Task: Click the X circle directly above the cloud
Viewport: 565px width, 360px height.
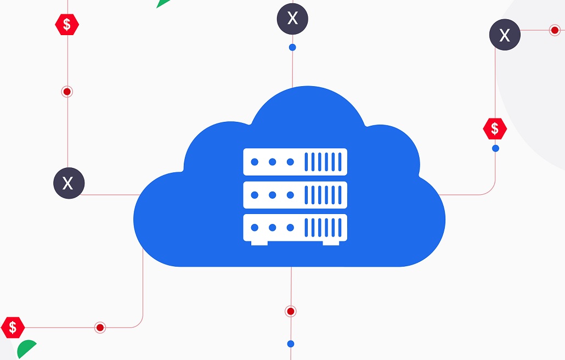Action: (x=292, y=19)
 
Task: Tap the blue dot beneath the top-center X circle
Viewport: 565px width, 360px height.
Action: (x=292, y=48)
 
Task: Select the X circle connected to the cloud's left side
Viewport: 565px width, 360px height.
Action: (x=69, y=183)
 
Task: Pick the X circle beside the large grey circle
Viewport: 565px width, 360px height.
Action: (x=505, y=35)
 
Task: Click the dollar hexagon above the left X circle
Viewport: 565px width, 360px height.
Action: (x=67, y=24)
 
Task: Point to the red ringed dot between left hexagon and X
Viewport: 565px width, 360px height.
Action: (x=67, y=92)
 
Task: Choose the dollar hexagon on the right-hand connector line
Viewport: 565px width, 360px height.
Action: (x=495, y=128)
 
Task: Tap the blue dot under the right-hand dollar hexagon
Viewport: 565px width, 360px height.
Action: (x=495, y=148)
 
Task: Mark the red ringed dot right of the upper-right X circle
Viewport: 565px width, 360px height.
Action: (x=555, y=30)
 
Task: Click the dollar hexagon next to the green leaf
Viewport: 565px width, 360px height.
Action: (x=13, y=328)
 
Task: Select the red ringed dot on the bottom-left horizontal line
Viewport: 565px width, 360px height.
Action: (x=100, y=328)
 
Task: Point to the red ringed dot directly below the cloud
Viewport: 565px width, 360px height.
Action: (x=291, y=311)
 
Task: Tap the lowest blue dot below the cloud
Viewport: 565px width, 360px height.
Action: (x=291, y=344)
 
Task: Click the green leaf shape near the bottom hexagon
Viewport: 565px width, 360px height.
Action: (x=26, y=350)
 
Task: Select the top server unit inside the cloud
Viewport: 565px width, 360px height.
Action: (x=295, y=162)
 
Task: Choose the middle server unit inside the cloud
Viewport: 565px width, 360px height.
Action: (x=295, y=195)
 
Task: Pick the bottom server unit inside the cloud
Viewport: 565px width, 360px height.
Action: (x=295, y=227)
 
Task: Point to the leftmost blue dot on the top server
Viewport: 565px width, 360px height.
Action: (x=255, y=162)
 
